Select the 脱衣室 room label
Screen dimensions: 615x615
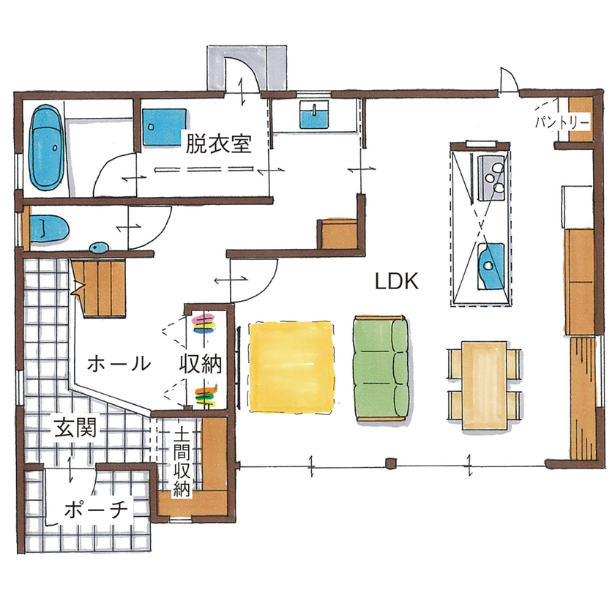click(218, 143)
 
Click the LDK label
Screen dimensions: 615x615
click(396, 281)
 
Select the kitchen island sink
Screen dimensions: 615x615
click(488, 261)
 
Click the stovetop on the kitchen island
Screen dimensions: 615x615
click(490, 176)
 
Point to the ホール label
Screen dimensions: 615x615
click(119, 363)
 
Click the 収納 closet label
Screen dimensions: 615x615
click(201, 363)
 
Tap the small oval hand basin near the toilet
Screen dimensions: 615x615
click(97, 247)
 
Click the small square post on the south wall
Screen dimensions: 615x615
click(390, 463)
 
